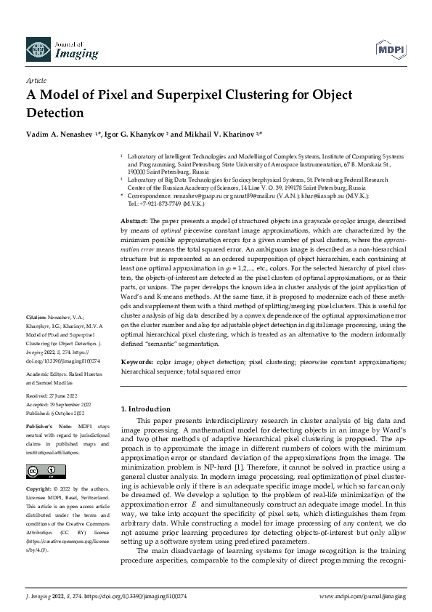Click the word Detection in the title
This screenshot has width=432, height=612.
pos(55,113)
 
